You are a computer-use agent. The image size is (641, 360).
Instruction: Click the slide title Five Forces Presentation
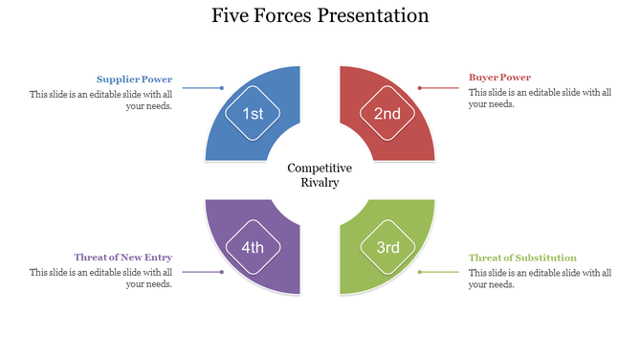coord(320,16)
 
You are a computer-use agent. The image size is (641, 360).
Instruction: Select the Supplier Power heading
coord(134,79)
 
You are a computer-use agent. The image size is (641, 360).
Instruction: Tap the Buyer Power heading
coord(499,78)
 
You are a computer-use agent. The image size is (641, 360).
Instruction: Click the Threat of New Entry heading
coord(123,258)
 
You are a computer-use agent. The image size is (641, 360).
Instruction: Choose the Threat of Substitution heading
coord(522,258)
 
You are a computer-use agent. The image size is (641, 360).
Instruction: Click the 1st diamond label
coord(253,114)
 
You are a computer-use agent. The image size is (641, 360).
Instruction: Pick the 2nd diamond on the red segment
coord(387,114)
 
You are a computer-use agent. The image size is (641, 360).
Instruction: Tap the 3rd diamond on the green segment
coord(387,247)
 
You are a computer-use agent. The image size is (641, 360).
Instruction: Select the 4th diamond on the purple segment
coord(253,247)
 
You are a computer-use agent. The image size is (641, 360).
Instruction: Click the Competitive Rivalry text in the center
coord(320,174)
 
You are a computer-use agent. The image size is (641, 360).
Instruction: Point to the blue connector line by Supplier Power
coord(201,88)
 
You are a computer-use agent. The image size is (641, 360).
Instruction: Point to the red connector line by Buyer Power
coord(440,88)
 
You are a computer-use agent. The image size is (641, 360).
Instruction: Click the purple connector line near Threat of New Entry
coord(201,273)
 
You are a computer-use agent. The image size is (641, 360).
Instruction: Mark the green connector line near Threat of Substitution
coord(440,273)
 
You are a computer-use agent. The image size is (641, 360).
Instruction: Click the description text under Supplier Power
coord(100,100)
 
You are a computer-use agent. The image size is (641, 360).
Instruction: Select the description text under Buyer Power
coord(539,99)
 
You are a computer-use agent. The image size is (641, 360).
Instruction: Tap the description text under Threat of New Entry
coord(100,278)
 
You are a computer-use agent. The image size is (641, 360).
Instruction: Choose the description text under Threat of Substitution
coord(539,278)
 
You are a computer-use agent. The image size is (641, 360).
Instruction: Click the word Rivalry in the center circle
coord(320,182)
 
